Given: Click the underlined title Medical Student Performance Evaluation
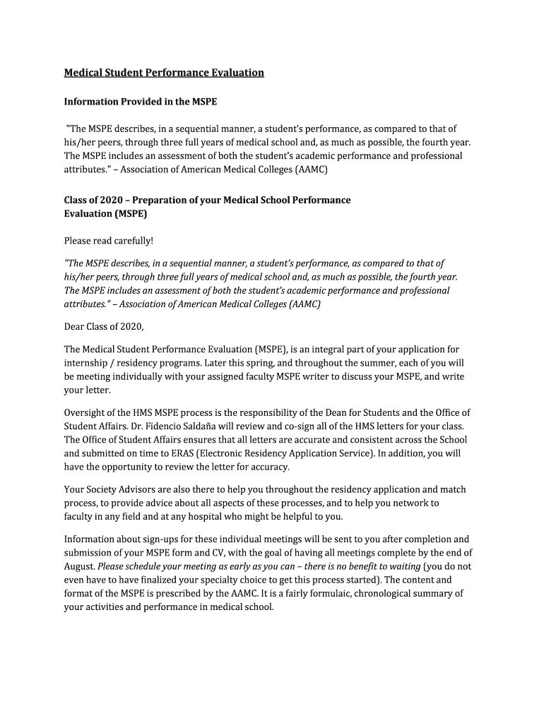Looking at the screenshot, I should click(164, 73).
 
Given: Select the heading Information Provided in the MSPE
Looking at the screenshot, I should click(141, 102).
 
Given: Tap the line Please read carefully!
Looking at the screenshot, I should click(109, 241).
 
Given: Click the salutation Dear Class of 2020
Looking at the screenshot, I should click(104, 326).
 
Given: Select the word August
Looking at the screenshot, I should click(79, 566).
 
